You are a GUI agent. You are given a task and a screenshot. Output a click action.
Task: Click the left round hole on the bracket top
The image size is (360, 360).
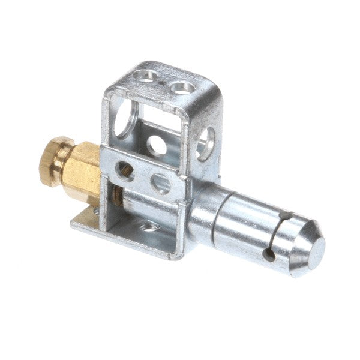coord(144,76)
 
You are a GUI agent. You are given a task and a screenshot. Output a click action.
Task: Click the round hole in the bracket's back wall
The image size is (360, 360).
coord(158,145)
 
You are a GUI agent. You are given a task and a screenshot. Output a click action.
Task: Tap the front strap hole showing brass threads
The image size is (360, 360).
coord(127,169)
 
